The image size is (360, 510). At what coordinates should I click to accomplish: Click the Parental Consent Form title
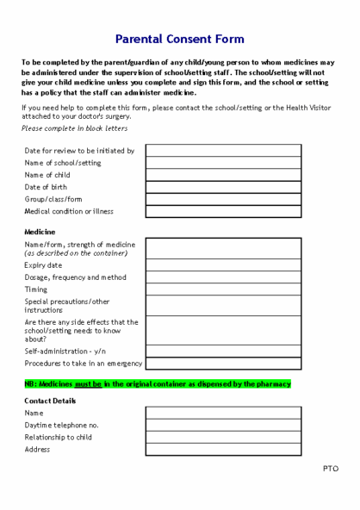(180, 39)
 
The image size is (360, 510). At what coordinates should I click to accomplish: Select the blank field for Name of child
(223, 175)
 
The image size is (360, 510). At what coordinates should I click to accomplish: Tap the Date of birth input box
(223, 187)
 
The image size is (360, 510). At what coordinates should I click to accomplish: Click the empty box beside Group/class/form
(223, 199)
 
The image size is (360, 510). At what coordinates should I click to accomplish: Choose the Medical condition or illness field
(223, 211)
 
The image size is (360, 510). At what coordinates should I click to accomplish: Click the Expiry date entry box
(223, 265)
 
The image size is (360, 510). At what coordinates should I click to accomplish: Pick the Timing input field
(223, 289)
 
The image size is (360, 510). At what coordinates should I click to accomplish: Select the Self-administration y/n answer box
(223, 351)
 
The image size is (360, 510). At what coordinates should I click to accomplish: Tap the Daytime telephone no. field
(223, 425)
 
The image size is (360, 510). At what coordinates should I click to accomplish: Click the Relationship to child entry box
(223, 437)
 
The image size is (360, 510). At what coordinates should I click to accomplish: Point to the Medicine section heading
(40, 232)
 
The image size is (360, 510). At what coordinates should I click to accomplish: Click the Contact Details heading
(50, 401)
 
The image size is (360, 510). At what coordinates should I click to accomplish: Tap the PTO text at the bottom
(330, 469)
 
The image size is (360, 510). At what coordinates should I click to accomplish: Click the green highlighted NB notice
(158, 383)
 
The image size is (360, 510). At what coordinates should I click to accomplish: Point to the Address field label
(38, 449)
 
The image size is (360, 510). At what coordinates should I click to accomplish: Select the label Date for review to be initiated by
(79, 151)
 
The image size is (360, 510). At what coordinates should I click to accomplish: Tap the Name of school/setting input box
(223, 163)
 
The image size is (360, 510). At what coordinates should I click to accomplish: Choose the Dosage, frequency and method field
(223, 277)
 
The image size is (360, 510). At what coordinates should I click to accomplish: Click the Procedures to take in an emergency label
(83, 363)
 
